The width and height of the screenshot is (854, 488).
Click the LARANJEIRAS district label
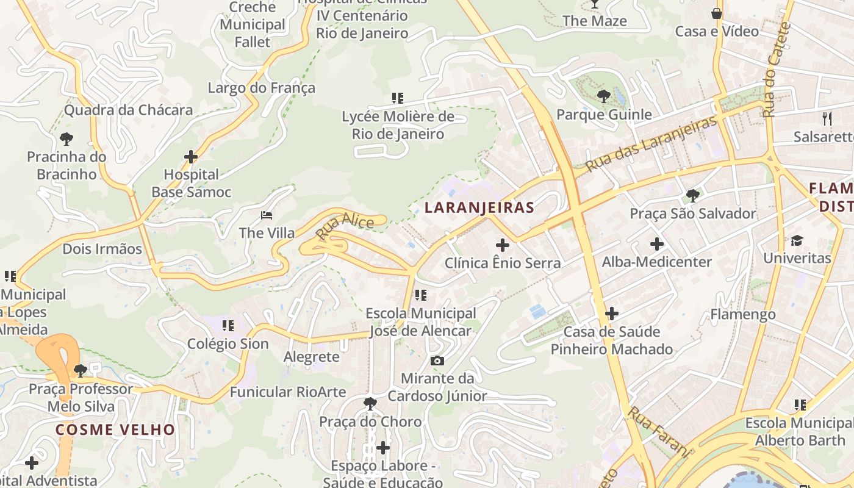coord(479,207)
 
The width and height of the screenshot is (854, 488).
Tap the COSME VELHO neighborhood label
coord(115,429)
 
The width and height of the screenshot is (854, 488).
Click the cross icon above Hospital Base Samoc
coord(191,157)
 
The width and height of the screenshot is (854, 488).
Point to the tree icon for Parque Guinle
coord(604,96)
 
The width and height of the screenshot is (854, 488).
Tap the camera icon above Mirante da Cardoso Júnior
coord(437,361)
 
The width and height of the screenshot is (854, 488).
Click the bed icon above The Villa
coord(267,215)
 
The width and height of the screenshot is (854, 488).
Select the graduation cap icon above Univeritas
coord(797,240)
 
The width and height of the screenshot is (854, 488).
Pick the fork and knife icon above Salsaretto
coord(827,118)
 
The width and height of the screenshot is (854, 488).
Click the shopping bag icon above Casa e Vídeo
coord(717,13)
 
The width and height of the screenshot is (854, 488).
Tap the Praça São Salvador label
coord(693,214)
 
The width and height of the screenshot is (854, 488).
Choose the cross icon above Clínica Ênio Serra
coord(503,245)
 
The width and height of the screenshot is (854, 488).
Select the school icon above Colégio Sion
coord(228,326)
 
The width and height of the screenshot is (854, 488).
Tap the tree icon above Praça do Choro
coord(370,403)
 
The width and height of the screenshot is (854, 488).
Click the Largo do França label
coord(262,88)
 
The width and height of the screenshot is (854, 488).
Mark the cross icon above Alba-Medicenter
coord(657,245)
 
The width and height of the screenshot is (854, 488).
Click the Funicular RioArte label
coord(288,392)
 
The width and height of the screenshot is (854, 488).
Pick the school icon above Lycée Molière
coord(398,98)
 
